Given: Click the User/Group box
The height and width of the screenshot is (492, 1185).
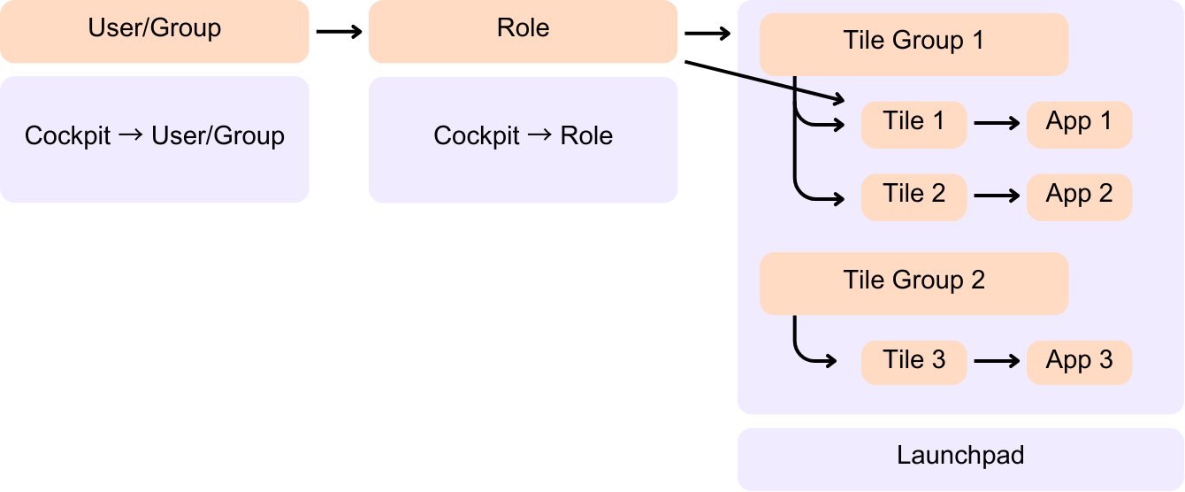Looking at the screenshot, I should click(154, 31).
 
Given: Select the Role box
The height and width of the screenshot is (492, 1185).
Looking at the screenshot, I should click(523, 31).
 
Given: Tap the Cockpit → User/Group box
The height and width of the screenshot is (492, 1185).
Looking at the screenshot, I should click(154, 139).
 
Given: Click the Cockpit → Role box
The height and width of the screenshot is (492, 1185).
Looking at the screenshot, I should click(523, 139).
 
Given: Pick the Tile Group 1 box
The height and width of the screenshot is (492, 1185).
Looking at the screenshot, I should click(914, 44).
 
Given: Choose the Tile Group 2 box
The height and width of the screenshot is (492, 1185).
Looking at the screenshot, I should click(914, 283).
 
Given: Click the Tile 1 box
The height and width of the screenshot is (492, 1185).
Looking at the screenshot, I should click(914, 124).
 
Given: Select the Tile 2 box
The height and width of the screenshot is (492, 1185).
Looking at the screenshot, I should click(914, 196).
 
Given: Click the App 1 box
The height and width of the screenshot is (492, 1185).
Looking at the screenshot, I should click(1079, 124).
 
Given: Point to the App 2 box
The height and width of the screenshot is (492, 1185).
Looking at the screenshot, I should click(1079, 196).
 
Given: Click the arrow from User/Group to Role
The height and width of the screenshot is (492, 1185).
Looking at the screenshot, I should click(339, 32).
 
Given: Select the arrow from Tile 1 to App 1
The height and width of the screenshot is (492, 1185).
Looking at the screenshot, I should click(997, 125).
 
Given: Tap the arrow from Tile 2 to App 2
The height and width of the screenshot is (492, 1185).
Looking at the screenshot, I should click(997, 197).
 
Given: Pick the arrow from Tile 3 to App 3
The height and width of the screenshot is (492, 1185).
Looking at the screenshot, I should click(997, 361).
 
